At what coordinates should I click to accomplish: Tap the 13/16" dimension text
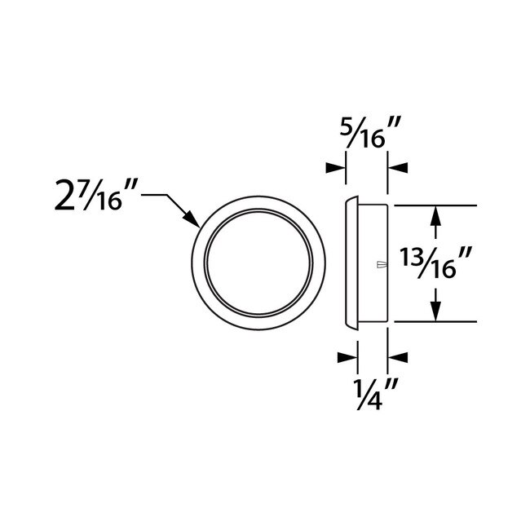438,263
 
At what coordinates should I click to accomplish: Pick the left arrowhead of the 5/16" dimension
335,167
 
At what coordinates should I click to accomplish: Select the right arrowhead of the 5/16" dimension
398,167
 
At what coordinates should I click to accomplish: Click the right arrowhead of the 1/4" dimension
398,356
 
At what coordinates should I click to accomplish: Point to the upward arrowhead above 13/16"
436,217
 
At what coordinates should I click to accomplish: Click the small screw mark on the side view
379,263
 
